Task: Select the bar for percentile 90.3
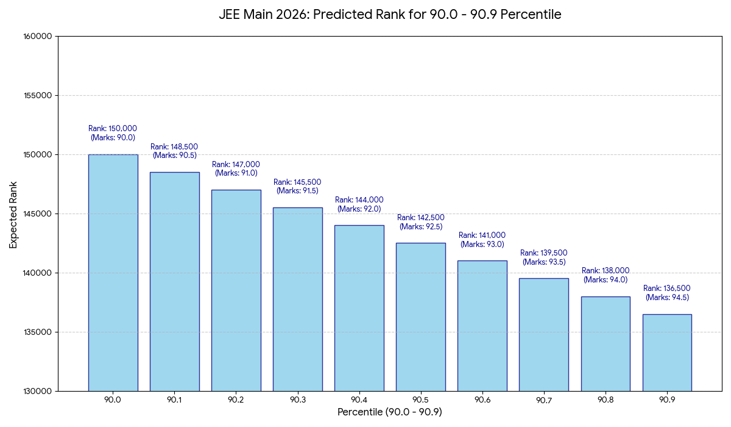tap(297, 299)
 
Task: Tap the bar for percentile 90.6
tap(482, 326)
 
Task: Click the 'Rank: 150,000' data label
tap(113, 129)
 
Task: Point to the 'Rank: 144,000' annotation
tap(359, 200)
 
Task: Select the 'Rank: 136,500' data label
tap(667, 289)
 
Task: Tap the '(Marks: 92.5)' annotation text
tap(421, 227)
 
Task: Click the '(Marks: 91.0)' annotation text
tap(236, 173)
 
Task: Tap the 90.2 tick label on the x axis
tap(236, 400)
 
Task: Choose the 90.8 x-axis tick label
tap(606, 400)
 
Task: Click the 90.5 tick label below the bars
tap(421, 400)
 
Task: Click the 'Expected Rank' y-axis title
tap(13, 214)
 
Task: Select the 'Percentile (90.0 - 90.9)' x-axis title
tap(390, 412)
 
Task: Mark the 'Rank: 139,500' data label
tap(544, 253)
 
